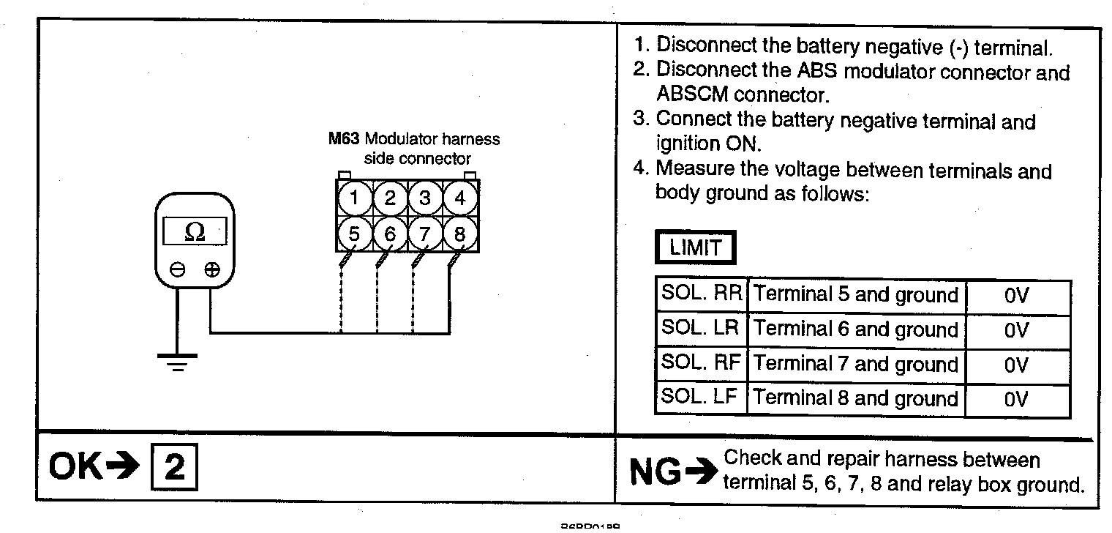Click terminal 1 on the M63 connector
coord(354,198)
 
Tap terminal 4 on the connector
coord(460,198)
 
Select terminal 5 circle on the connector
coord(354,234)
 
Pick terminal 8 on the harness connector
coord(460,234)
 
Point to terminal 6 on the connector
coord(390,234)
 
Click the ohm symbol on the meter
coord(195,232)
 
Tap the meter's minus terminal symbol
coord(177,270)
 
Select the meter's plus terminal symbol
coord(211,270)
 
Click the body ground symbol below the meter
coord(177,361)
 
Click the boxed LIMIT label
coord(694,247)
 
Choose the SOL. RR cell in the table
coord(702,294)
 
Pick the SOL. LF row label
coord(702,398)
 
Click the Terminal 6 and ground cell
coord(856,329)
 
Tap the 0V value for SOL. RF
coord(1017,365)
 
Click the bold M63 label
coord(343,139)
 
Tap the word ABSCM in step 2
coord(692,94)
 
